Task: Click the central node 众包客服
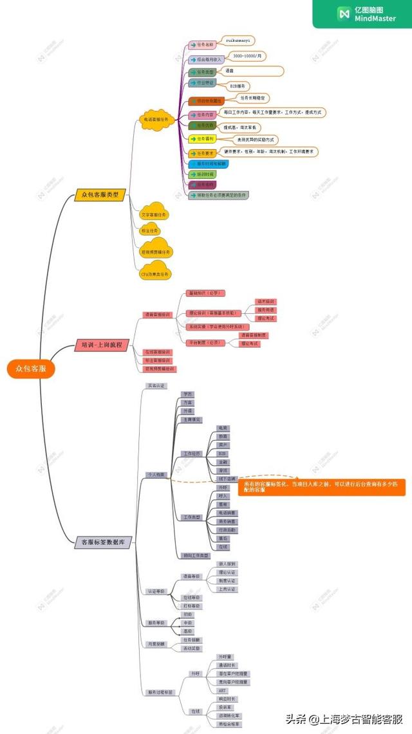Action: (31, 368)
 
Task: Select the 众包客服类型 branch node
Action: (100, 195)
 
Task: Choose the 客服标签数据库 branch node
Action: (103, 542)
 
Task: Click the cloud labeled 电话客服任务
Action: (156, 119)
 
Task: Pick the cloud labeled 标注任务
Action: (149, 230)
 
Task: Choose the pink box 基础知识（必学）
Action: (205, 293)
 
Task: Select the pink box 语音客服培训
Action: (157, 315)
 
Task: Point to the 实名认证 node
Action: (156, 385)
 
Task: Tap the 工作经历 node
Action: (191, 454)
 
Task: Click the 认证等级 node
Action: (156, 590)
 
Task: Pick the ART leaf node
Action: (223, 690)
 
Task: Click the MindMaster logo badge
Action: (362, 14)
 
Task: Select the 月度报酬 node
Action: (156, 643)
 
